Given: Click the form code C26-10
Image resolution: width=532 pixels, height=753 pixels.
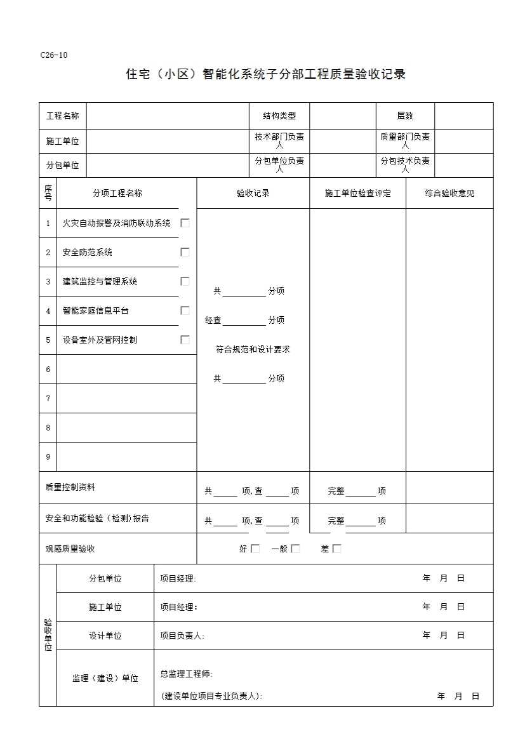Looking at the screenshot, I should coord(53,55).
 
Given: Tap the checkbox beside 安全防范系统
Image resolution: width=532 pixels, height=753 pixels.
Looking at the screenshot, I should coord(185,252).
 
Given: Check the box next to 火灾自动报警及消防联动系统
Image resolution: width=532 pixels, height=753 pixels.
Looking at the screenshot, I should coord(185,223).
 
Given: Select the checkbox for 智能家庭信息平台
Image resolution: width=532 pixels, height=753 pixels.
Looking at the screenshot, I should coord(185,310).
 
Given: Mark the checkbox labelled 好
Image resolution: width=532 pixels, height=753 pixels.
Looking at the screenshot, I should coord(255,549).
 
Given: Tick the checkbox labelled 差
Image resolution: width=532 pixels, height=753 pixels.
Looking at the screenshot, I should coord(336,549).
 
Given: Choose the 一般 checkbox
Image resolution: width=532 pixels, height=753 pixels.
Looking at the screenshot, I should coord(295,549).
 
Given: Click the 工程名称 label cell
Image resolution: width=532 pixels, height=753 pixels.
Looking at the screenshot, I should coord(62,116).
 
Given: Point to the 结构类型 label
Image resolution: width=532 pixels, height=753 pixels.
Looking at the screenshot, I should coord(279,116).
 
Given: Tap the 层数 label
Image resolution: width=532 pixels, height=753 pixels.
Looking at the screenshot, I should coord(405,116).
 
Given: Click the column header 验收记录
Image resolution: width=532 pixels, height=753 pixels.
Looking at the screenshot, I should coord(253,193).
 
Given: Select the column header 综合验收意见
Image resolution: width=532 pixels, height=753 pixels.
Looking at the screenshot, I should coord(449,193).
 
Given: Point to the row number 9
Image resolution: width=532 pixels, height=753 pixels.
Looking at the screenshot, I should coord(48,456).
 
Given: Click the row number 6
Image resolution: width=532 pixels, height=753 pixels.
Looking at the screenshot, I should coord(48,369).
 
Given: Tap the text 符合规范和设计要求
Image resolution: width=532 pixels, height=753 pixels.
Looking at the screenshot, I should coord(253,349).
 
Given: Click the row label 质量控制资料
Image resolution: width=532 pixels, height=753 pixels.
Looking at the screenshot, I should coord(70,487).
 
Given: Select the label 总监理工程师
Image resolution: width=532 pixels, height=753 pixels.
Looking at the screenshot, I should coord(186,674).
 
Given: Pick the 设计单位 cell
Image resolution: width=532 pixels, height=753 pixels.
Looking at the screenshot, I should coord(105,636).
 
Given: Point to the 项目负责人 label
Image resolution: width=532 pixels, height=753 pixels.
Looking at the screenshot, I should coord(182,636).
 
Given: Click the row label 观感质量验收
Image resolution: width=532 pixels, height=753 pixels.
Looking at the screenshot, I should coord(70,549).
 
